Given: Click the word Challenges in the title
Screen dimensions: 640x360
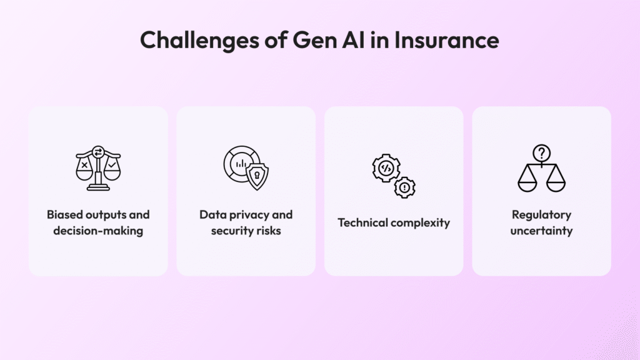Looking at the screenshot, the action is point(199,41).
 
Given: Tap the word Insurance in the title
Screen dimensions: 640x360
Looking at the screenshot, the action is point(446,40).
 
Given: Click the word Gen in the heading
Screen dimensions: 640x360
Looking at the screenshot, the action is point(315,40).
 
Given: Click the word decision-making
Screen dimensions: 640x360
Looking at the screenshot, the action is point(98,231).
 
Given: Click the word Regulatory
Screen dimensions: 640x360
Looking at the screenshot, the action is point(542,215).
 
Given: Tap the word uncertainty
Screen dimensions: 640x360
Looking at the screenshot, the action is point(542,231).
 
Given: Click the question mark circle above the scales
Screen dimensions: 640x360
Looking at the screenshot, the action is point(542,154).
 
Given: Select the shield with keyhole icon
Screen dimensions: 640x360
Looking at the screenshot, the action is point(257,176).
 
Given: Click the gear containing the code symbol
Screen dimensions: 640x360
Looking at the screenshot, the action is point(386,167).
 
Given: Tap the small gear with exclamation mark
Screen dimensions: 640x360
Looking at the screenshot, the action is point(404,187).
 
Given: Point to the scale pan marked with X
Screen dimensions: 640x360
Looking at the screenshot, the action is point(84,170).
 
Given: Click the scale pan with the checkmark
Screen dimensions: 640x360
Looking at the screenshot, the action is point(112,170).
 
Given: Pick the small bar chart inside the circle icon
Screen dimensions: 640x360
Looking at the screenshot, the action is point(241,164).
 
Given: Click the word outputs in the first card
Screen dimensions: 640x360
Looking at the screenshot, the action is point(106,215).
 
